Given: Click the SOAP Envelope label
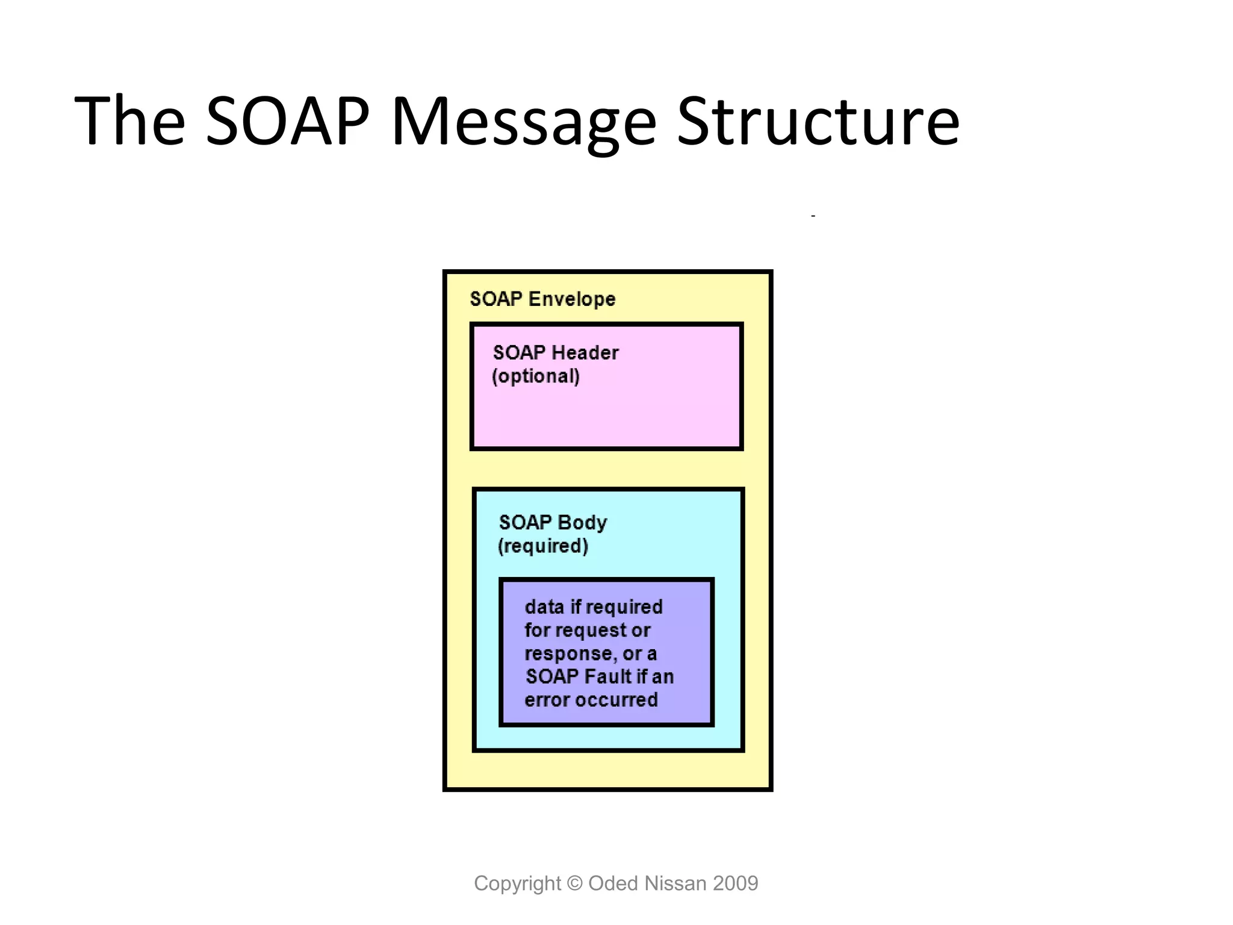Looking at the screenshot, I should coord(542,299).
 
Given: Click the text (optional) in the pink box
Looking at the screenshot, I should coord(536,376).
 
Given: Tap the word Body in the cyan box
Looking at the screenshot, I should coord(582,522).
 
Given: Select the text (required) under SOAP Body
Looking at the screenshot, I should coord(543,546).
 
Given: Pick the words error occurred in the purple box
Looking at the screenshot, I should coord(591,700).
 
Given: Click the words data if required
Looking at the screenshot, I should coord(594,606).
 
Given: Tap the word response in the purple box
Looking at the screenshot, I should coord(568,653).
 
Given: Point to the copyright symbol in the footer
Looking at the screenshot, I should coord(575,883).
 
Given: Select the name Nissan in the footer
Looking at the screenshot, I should coord(675,883).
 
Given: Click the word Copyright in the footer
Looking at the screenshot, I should coord(517,883).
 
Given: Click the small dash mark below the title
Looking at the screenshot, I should coord(813,216).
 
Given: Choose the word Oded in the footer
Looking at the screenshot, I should coord(613,883).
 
